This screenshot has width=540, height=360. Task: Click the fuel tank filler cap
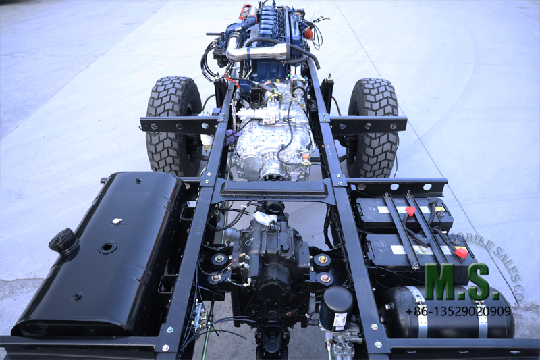(64, 240)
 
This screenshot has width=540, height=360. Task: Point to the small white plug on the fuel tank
(117, 221)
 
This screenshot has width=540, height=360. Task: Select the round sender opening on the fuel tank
(107, 247)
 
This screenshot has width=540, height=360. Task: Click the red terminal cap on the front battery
(409, 211)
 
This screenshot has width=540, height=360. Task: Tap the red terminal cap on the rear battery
(461, 252)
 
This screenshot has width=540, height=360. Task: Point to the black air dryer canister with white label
(337, 309)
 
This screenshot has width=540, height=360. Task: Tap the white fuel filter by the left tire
(207, 140)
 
